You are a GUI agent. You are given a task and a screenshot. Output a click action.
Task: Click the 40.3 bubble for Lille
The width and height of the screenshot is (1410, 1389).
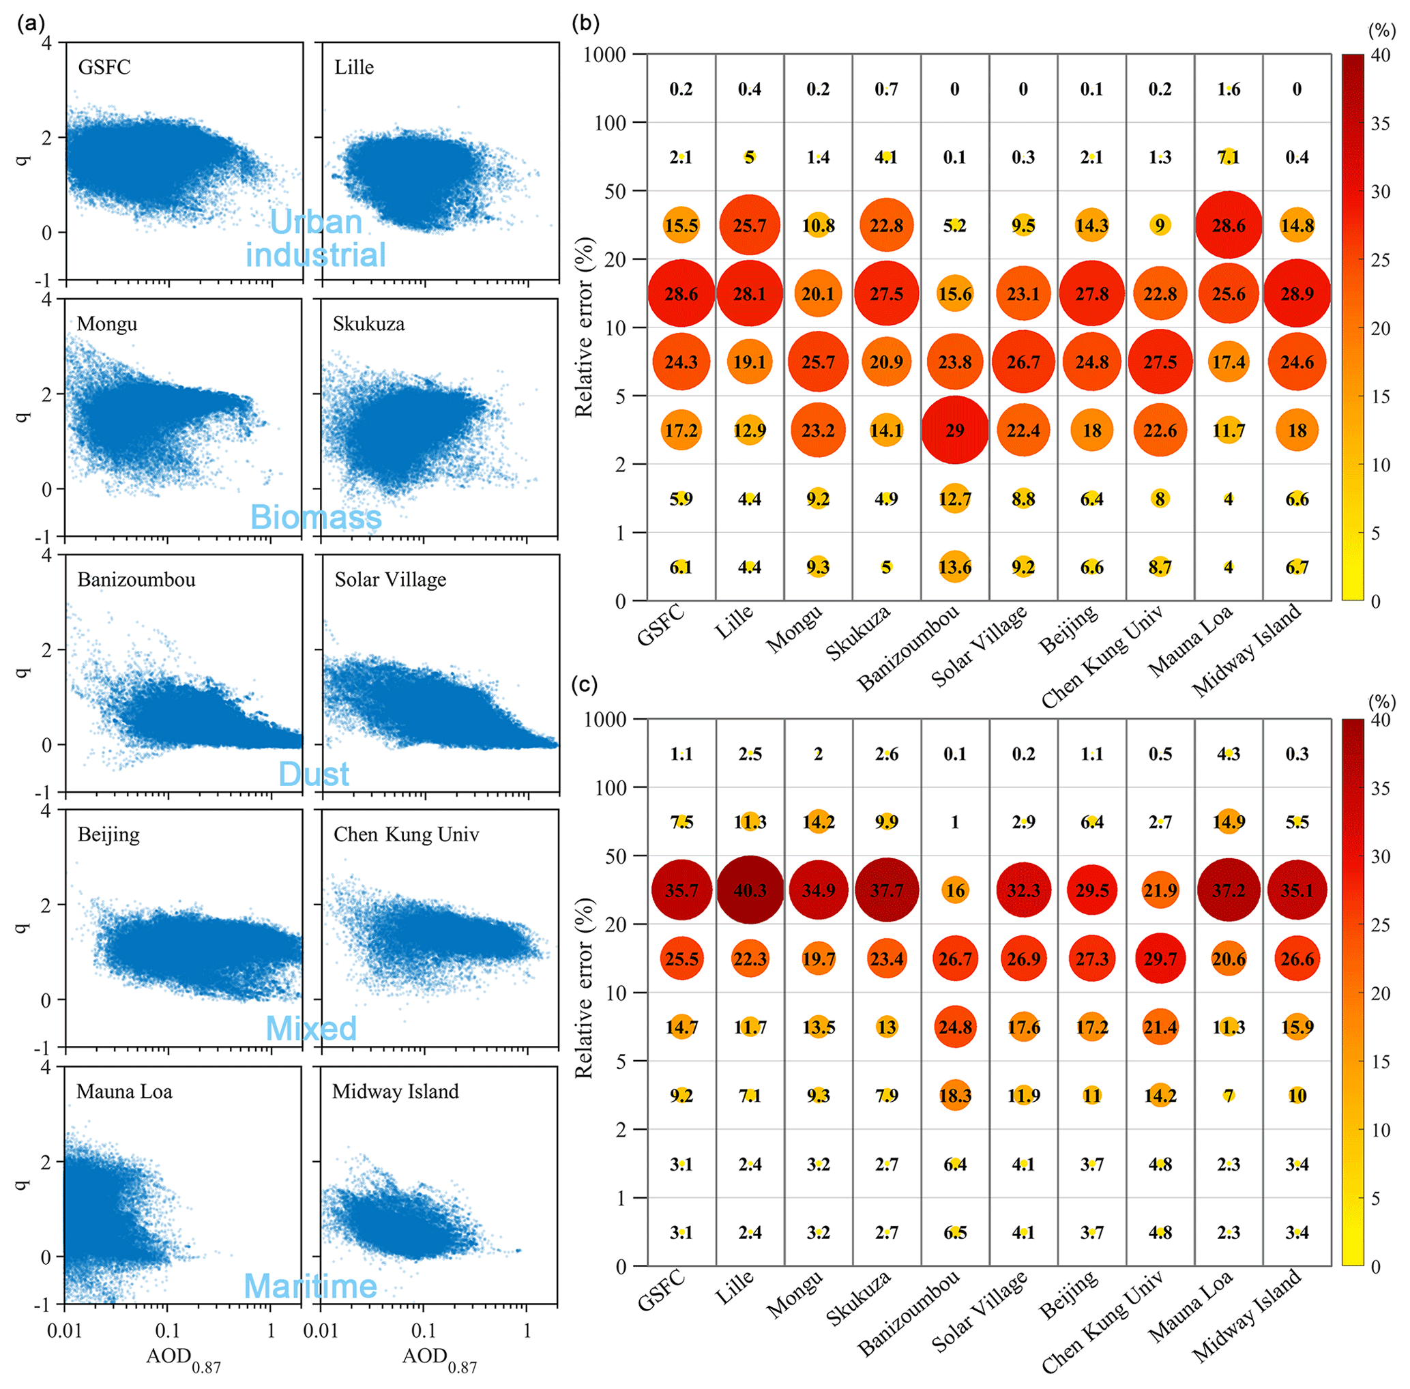click(x=749, y=890)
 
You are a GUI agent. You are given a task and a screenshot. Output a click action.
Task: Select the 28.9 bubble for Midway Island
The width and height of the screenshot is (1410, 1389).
click(x=1296, y=293)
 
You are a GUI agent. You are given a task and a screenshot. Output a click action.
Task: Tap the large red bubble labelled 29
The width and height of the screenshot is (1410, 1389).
click(x=954, y=430)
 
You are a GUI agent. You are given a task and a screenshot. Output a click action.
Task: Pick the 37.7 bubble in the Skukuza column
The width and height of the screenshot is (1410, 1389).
click(x=886, y=890)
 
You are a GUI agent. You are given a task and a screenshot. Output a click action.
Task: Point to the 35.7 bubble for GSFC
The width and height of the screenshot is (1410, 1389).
click(x=681, y=890)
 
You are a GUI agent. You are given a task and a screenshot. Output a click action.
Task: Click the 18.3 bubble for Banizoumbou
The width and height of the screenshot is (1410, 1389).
click(x=954, y=1095)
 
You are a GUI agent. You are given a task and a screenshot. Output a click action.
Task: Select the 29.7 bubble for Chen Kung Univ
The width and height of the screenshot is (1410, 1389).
click(x=1160, y=959)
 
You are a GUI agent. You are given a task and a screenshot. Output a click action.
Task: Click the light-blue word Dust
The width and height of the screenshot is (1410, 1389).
click(x=314, y=774)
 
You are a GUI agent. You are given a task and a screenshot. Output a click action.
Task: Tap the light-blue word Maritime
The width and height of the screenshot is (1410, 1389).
click(x=310, y=1285)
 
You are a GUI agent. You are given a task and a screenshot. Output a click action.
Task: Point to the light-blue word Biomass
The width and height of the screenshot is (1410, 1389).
click(x=316, y=517)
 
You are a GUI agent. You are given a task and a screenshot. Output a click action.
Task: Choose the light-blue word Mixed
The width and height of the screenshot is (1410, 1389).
click(x=311, y=1029)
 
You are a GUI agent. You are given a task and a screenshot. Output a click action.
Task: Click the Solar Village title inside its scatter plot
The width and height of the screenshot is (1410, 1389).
click(x=390, y=580)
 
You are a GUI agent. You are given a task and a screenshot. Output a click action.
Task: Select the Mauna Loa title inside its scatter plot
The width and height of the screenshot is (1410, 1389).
click(x=125, y=1092)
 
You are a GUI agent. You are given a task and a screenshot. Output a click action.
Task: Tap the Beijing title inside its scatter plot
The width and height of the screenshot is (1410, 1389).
click(x=108, y=834)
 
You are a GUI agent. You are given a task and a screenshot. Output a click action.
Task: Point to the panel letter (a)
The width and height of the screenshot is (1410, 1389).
click(x=31, y=23)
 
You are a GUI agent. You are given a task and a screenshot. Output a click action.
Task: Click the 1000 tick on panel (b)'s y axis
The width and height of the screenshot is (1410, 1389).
click(x=604, y=55)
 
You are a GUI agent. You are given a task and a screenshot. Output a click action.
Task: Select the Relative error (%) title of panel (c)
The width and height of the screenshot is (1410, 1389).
click(x=583, y=989)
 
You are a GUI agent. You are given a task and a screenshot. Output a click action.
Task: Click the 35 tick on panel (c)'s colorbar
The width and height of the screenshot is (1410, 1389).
click(x=1379, y=788)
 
